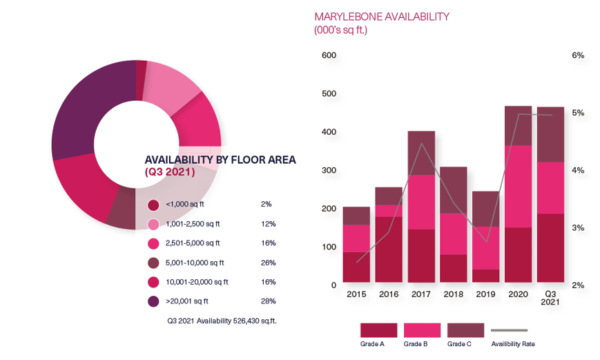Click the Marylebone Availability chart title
[x=382, y=17]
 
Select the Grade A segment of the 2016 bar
[x=389, y=249]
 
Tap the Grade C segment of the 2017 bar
[x=421, y=153]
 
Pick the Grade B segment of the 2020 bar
[x=519, y=187]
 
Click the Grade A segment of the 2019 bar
[x=486, y=276]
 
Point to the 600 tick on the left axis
[x=329, y=55]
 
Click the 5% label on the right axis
[x=579, y=113]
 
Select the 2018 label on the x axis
[x=454, y=294]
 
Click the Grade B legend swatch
[x=422, y=330]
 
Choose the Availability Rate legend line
[x=509, y=330]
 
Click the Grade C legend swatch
[x=465, y=330]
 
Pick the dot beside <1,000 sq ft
[x=153, y=205]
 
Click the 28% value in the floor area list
[x=268, y=301]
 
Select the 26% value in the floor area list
[x=268, y=263]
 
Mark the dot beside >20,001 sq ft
[x=153, y=301]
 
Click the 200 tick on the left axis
[x=329, y=209]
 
